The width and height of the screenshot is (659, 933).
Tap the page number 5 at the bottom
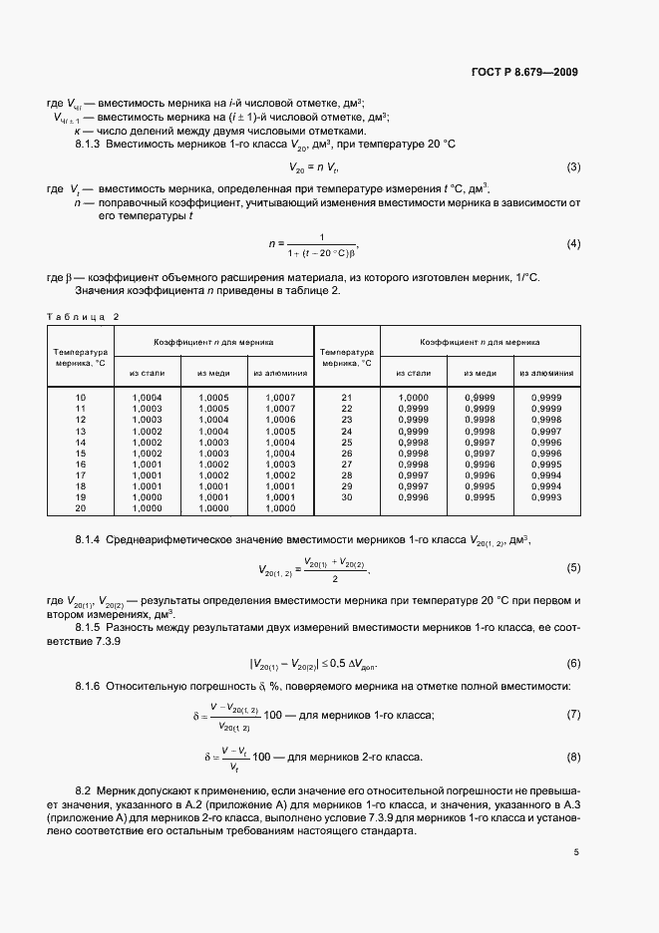tap(575, 852)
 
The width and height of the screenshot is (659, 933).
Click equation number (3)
tap(573, 166)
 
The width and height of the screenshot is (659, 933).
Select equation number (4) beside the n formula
tap(573, 243)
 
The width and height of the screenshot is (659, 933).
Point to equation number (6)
tap(573, 663)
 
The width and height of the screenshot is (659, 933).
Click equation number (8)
tap(573, 758)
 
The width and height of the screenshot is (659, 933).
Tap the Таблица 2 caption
tap(83, 316)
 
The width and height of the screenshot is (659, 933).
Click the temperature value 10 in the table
tap(81, 398)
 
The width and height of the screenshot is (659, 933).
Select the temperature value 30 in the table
tap(347, 496)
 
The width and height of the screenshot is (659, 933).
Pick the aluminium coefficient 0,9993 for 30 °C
tap(546, 496)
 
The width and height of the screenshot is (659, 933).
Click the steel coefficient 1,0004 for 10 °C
tap(147, 398)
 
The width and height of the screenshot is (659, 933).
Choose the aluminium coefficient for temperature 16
tap(280, 464)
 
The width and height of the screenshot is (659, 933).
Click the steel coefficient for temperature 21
tap(413, 398)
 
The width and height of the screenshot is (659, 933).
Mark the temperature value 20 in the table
tap(81, 507)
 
